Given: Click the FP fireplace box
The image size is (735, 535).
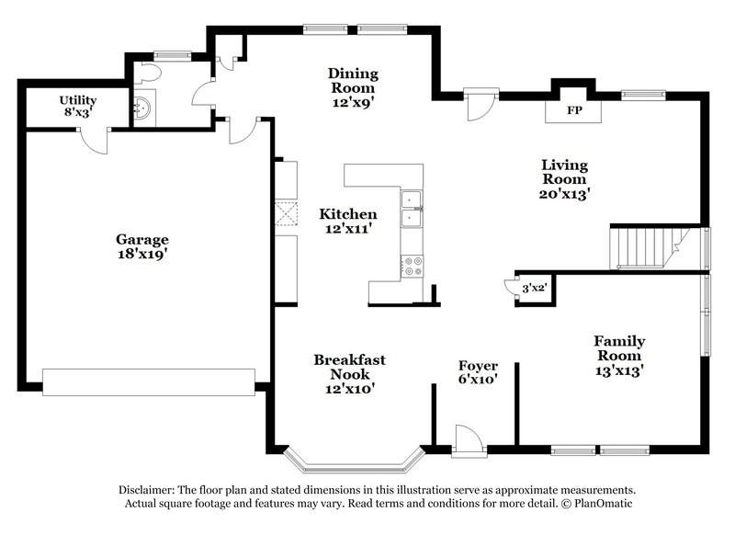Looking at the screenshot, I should pyautogui.click(x=573, y=109).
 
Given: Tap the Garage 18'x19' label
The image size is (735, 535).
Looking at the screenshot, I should pyautogui.click(x=141, y=246).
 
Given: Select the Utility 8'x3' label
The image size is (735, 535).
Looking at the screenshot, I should pyautogui.click(x=78, y=105).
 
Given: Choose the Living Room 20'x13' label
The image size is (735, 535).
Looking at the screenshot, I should pyautogui.click(x=563, y=178).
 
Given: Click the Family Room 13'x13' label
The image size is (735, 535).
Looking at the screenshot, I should pyautogui.click(x=617, y=356).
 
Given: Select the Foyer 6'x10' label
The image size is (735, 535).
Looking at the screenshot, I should pyautogui.click(x=477, y=372).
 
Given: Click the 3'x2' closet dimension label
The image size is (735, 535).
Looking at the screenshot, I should pyautogui.click(x=534, y=288).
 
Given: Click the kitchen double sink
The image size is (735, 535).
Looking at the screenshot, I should pyautogui.click(x=410, y=210).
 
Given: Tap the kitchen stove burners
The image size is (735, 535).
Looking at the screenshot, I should pyautogui.click(x=412, y=266).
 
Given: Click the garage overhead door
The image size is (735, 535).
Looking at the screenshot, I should pyautogui.click(x=149, y=381).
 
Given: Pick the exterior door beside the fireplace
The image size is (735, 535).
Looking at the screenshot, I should pyautogui.click(x=479, y=103).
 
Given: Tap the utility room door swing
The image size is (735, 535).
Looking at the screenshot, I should pyautogui.click(x=93, y=139).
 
